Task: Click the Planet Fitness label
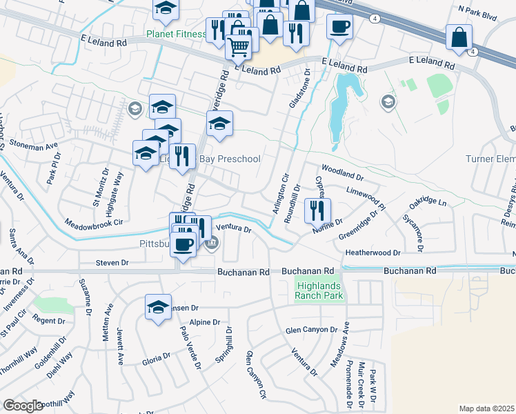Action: click(x=176, y=34)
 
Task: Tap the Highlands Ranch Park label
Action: click(x=319, y=290)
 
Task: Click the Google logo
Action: click(x=23, y=406)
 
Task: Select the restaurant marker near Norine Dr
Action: click(x=317, y=210)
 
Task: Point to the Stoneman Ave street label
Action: click(x=33, y=146)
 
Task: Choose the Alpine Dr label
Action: click(x=205, y=322)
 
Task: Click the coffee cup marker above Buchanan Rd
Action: click(x=183, y=244)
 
